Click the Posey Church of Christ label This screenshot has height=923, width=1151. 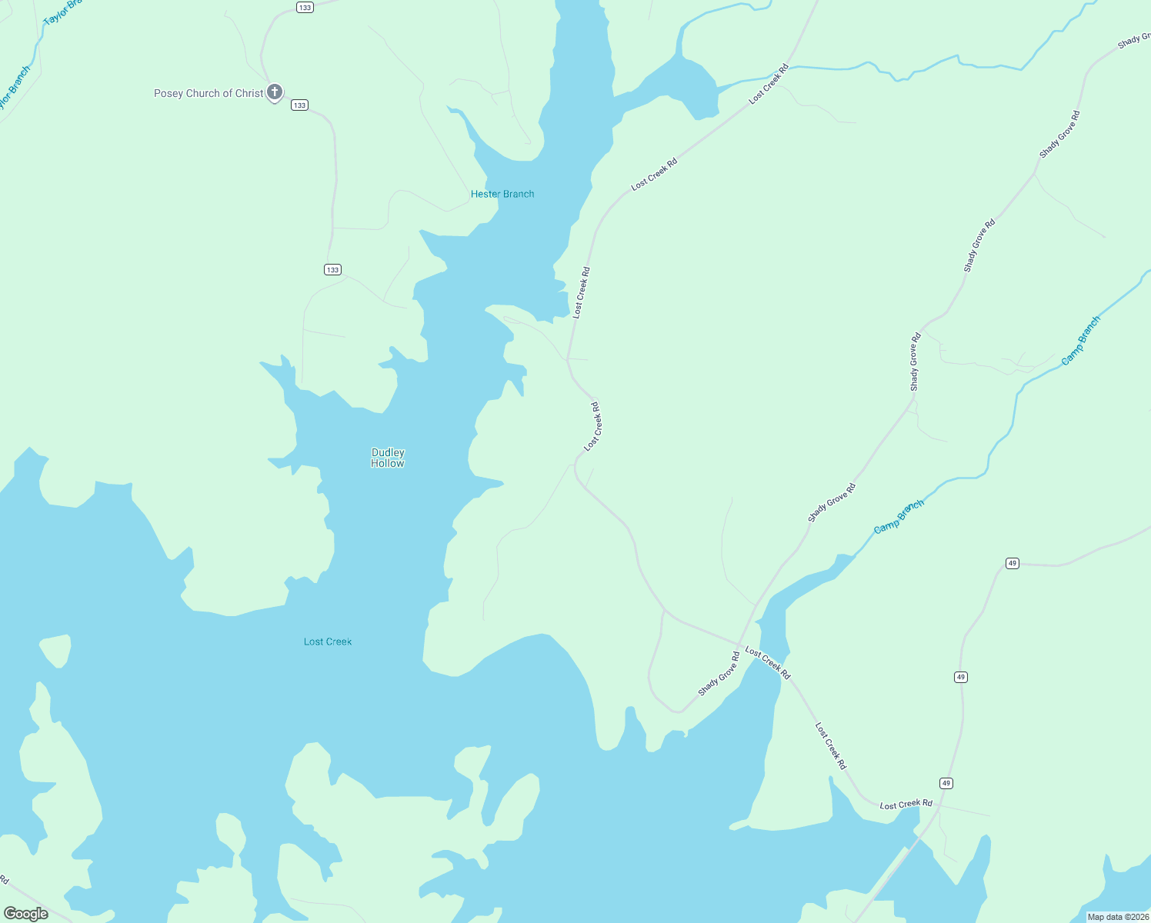pos(209,94)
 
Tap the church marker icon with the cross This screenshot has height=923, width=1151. pos(275,92)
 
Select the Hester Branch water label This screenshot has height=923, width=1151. pos(502,195)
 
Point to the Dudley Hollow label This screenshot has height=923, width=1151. pos(388,458)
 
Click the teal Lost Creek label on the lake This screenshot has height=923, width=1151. pos(328,641)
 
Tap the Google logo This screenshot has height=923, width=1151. pos(26,914)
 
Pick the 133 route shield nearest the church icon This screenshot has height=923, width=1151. pos(299,105)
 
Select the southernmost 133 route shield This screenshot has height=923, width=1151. pos(332,269)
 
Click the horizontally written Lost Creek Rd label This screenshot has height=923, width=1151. pos(906,805)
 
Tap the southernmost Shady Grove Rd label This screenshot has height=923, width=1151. pos(719,674)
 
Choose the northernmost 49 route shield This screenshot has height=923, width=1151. pos(1013,564)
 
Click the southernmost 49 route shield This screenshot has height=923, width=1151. pos(946,783)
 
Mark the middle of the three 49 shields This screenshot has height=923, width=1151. pos(960,677)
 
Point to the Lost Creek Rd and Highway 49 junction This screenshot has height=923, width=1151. pos(939,808)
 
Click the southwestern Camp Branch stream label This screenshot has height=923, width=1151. pos(899,517)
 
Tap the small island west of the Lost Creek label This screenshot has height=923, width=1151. pos(55,650)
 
